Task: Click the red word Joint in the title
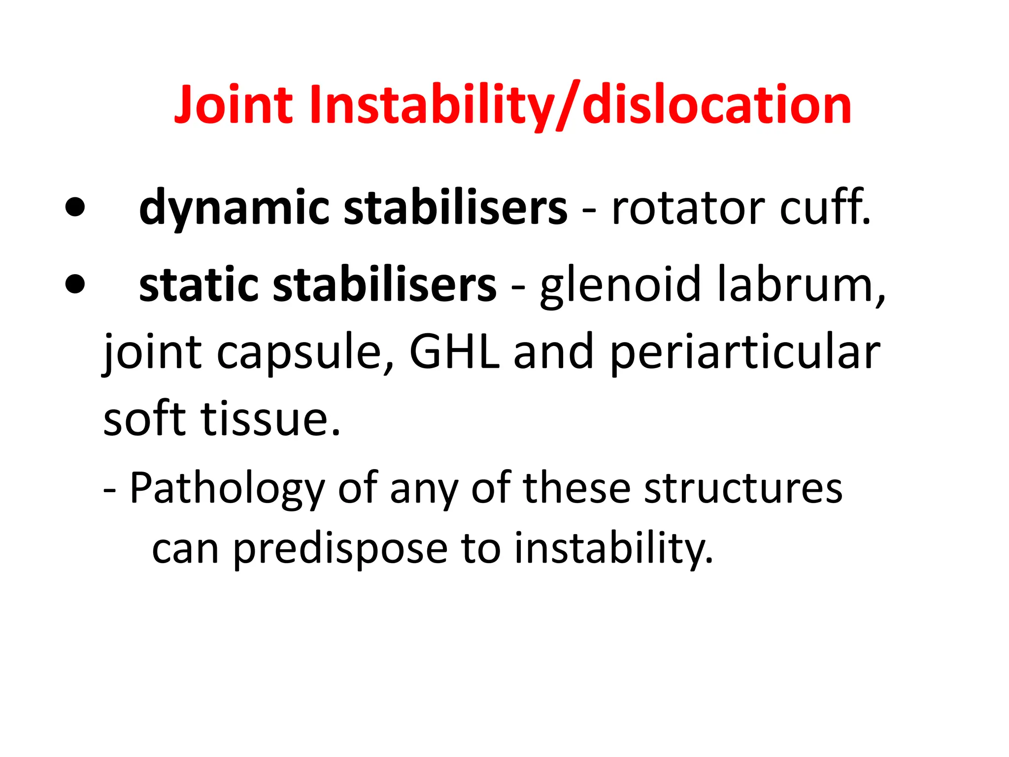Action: [x=234, y=105]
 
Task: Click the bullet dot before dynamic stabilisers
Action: [x=75, y=207]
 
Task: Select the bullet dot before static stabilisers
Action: [x=75, y=284]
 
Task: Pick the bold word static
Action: [x=198, y=285]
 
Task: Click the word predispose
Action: [x=340, y=549]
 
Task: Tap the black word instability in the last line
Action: [x=614, y=548]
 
